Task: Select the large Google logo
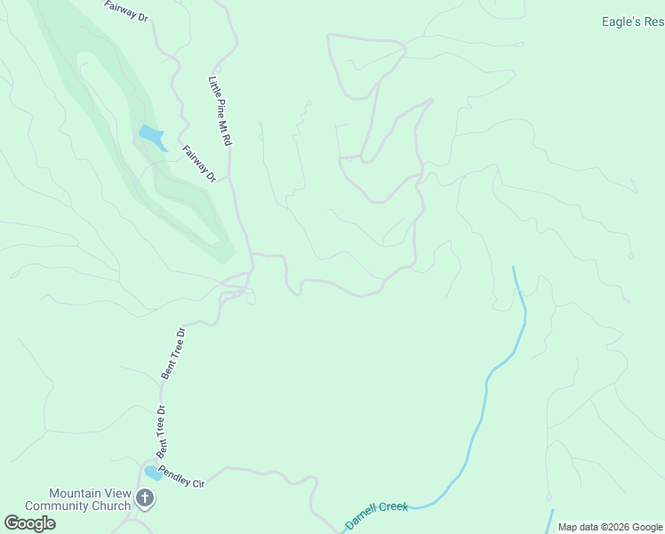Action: [x=29, y=523]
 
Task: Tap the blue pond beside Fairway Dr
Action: [x=152, y=138]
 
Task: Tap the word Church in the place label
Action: [x=112, y=506]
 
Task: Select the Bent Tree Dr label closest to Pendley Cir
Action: [x=162, y=429]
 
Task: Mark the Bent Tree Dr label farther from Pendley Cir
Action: [x=172, y=353]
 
